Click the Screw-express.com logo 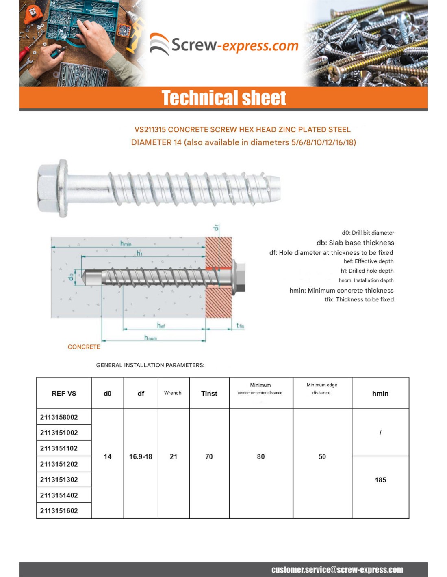click(224, 45)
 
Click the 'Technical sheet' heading click(224, 98)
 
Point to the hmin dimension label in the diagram click(126, 243)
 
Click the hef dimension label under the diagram click(161, 325)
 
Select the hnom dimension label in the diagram click(150, 338)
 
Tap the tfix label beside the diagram click(240, 325)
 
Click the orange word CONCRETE click(84, 347)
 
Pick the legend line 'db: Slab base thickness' click(355, 243)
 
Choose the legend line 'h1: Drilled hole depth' click(367, 271)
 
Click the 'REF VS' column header click(64, 393)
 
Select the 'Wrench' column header click(173, 393)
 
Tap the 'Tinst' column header click(209, 393)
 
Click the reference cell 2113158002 click(59, 417)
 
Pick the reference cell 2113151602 click(59, 511)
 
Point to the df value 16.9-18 click(141, 456)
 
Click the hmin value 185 click(380, 480)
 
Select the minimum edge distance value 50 click(322, 456)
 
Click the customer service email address click(337, 570)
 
